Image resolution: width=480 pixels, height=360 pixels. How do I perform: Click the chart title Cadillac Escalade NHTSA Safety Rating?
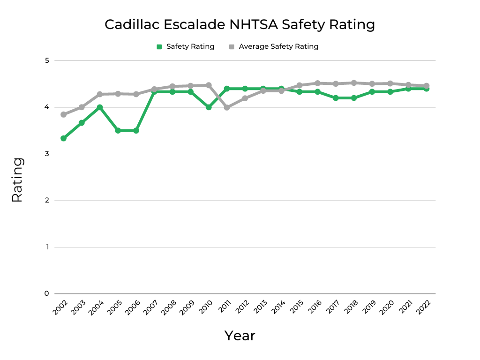[x=240, y=24]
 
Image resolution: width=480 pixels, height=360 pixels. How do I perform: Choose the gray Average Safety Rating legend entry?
[x=274, y=46]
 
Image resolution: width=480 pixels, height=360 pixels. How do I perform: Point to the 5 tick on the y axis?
[x=47, y=60]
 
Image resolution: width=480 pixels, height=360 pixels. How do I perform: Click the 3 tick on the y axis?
[x=47, y=154]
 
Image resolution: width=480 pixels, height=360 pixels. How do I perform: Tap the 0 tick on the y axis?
[x=47, y=293]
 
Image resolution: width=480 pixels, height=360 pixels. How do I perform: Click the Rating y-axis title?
[x=17, y=180]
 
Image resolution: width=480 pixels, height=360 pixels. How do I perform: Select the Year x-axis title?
[x=240, y=336]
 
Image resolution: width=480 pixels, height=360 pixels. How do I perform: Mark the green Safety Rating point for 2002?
[x=63, y=138]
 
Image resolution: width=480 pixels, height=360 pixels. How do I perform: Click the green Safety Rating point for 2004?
[x=100, y=107]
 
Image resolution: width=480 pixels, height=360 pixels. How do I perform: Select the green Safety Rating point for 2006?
[x=136, y=130]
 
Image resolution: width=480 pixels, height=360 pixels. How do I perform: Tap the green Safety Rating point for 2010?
[x=209, y=107]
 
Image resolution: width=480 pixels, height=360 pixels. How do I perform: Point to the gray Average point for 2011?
[x=227, y=107]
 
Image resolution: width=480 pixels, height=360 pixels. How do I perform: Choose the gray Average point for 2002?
[x=63, y=114]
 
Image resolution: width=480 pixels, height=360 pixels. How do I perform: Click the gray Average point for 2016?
[x=317, y=83]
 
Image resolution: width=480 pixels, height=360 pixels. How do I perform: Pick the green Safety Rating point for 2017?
[x=336, y=98]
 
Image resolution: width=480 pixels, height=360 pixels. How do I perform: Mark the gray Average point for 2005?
[x=118, y=94]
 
